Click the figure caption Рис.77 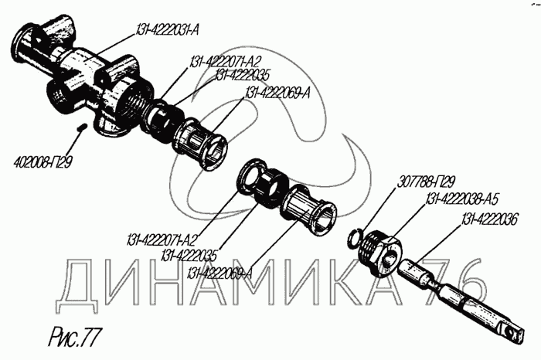(x=73, y=337)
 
